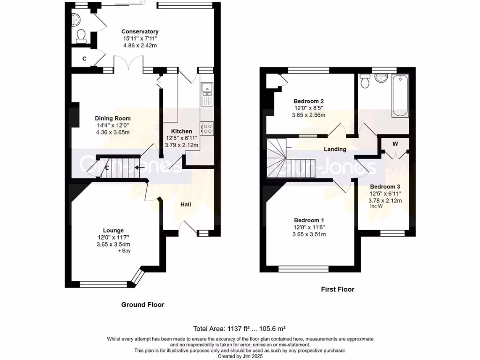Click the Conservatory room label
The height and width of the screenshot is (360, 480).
point(140,32)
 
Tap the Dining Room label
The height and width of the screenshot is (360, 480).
point(112,119)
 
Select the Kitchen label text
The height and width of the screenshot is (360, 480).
point(181,131)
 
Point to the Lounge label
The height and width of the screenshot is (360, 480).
point(113,230)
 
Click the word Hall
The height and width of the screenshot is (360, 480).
point(186,204)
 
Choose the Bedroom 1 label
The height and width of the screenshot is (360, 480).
point(309,220)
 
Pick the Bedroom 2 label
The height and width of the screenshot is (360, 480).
point(308,101)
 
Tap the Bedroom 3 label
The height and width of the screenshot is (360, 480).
point(385,186)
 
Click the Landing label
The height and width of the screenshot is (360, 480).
point(335,150)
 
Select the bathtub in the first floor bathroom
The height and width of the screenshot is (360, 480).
point(400,96)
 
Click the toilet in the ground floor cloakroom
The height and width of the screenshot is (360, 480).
point(81,36)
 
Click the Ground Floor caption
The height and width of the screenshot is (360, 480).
point(142,305)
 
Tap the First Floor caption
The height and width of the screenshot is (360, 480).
point(337,289)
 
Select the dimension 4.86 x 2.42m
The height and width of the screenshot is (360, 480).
point(140,46)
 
